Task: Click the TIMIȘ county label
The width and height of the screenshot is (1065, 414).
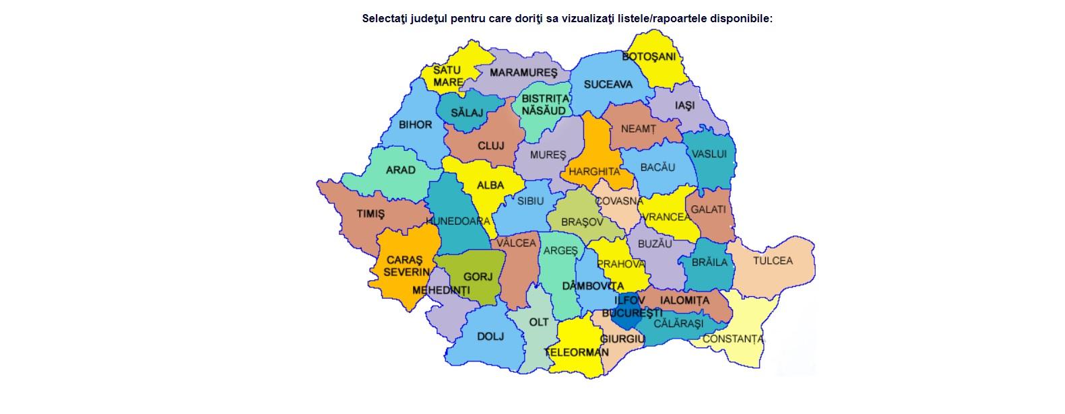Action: coord(370,214)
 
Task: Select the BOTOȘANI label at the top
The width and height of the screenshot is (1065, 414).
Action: coord(648,57)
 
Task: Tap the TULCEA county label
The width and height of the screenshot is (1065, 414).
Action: coord(773,261)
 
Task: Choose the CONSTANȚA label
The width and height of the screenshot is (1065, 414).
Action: coord(733,339)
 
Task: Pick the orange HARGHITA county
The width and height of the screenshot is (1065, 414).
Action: coord(593,171)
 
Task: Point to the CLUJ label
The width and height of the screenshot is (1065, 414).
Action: coord(491,145)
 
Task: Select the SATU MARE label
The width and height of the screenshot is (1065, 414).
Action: coord(447,75)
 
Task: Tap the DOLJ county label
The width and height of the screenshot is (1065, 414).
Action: coord(490,337)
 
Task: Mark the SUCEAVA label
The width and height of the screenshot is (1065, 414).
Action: coord(608,84)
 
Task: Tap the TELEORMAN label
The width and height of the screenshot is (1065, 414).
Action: coord(577,352)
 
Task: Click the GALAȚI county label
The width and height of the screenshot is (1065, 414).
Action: coord(708,209)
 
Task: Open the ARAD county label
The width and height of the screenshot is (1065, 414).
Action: coord(400,170)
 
